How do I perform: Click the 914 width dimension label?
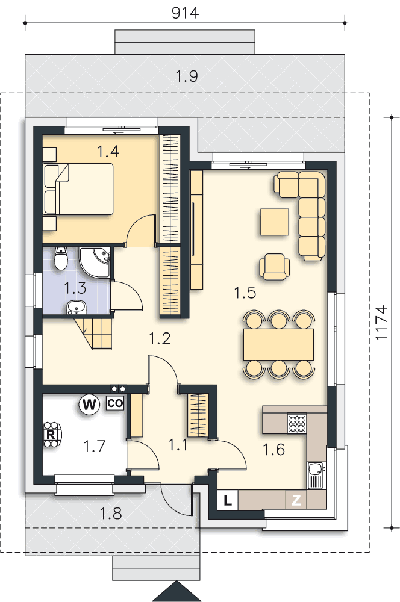click(185, 13)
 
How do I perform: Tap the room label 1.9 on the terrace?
click(187, 76)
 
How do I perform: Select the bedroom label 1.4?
click(108, 151)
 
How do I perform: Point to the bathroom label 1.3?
click(75, 288)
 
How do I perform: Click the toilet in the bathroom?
click(61, 258)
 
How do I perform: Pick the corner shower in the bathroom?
click(95, 262)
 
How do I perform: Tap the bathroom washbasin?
click(76, 307)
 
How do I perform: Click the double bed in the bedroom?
click(79, 188)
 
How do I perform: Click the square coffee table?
click(275, 222)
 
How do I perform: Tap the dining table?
click(278, 344)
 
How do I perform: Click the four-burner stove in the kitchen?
click(297, 423)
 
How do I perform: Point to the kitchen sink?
click(316, 476)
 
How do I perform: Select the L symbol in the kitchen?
click(228, 501)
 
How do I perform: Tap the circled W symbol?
click(89, 405)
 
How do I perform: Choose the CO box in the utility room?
click(115, 403)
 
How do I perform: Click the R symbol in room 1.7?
click(50, 435)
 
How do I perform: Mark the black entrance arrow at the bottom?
click(177, 592)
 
